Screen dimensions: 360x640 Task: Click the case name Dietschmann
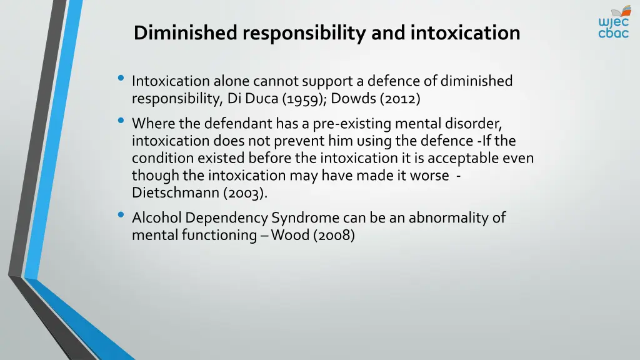[x=176, y=192]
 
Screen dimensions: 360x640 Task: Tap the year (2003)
[x=245, y=192]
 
